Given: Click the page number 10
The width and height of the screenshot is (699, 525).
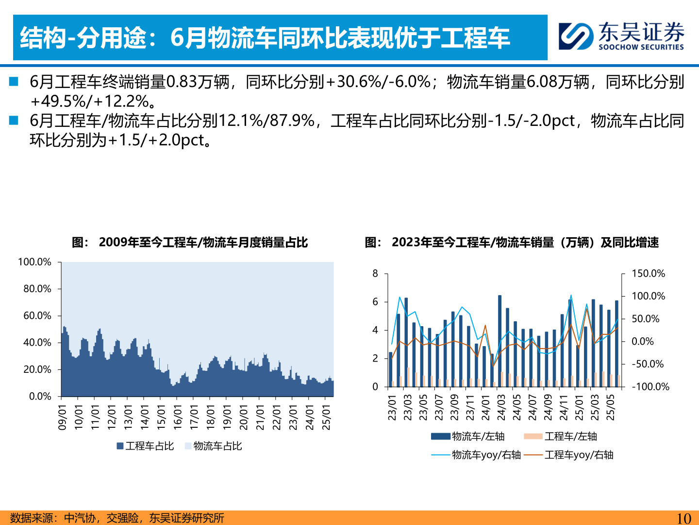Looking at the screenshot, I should (x=683, y=518).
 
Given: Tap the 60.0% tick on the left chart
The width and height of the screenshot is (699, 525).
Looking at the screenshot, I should (x=37, y=316).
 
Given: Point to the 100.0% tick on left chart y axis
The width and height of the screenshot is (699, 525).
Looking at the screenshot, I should (x=34, y=262).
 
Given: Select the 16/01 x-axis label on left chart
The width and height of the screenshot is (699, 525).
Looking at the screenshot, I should (x=178, y=417).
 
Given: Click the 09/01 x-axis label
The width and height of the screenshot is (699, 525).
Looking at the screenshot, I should (x=63, y=417).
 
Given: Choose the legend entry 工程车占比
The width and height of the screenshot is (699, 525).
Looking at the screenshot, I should (x=145, y=446).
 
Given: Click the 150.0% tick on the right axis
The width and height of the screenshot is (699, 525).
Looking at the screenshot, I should (x=648, y=274).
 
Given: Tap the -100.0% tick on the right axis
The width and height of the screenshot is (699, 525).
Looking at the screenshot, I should (x=650, y=387).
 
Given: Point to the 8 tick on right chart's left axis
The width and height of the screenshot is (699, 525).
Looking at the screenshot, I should (x=375, y=274).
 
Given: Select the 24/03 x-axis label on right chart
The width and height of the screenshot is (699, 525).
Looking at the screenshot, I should (x=501, y=407).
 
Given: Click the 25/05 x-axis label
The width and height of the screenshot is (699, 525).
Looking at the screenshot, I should (x=610, y=407).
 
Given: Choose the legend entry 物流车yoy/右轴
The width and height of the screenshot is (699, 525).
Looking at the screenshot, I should (x=476, y=455).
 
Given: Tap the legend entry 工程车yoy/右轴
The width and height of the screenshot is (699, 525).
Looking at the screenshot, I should (x=569, y=455).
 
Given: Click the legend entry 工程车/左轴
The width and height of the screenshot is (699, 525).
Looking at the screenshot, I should (x=561, y=437).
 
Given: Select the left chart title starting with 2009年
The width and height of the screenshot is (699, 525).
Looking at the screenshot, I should (x=203, y=242).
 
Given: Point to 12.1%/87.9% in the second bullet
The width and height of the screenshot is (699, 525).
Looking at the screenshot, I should (x=267, y=121).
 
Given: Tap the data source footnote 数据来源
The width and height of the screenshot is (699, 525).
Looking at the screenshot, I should (x=117, y=518).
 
